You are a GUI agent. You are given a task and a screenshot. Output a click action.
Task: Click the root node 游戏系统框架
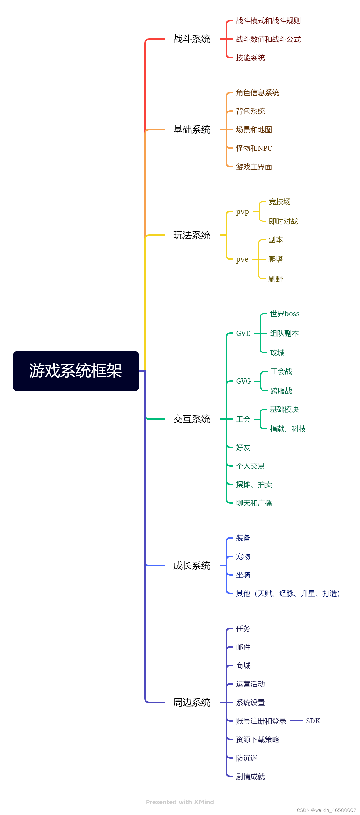click(76, 371)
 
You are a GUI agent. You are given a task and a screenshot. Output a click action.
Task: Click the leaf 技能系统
click(250, 58)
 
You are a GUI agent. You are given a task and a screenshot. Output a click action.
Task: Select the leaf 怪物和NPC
click(254, 148)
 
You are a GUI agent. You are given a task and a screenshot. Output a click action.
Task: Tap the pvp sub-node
click(242, 211)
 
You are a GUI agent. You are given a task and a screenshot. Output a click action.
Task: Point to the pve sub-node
click(242, 259)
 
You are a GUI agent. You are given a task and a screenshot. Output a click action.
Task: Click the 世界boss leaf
click(284, 314)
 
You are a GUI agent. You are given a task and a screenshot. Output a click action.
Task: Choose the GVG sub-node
click(243, 381)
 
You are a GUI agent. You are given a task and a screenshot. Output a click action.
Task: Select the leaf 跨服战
click(281, 391)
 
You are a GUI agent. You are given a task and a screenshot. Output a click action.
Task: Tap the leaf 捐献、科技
click(287, 429)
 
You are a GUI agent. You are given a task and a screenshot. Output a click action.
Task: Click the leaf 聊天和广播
click(254, 503)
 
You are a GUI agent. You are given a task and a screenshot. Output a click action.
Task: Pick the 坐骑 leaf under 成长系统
click(243, 575)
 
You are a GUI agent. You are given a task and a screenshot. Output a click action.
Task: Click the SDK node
click(313, 721)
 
